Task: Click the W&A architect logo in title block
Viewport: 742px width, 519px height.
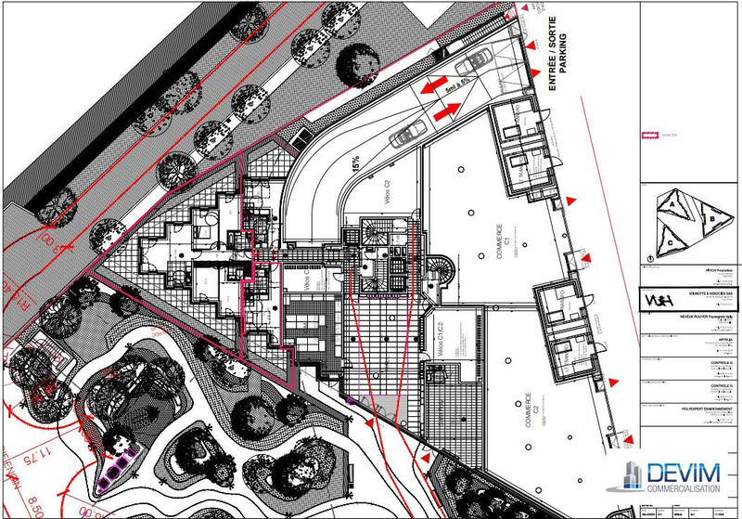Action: coord(658,300)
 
